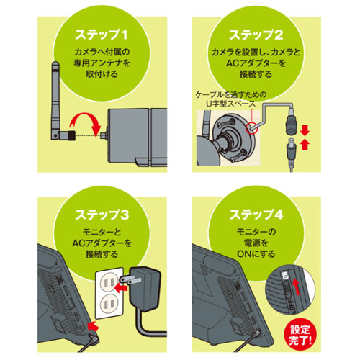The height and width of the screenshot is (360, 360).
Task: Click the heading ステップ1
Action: tap(102, 35)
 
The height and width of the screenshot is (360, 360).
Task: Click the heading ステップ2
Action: tap(256, 35)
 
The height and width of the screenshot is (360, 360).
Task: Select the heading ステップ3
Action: tap(102, 215)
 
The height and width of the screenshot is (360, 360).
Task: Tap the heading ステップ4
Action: tap(256, 215)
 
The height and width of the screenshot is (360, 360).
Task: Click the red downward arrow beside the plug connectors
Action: tap(305, 131)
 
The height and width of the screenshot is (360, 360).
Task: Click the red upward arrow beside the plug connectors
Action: tap(305, 145)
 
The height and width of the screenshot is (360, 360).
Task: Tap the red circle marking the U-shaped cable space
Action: tap(252, 127)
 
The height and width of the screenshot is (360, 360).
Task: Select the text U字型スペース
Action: tap(230, 104)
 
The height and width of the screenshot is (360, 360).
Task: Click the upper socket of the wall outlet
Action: tap(109, 282)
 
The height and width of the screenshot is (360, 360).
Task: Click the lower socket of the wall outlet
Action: tap(109, 304)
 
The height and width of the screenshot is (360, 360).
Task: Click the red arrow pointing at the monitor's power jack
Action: tap(93, 326)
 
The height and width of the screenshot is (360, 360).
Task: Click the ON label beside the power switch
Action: tap(285, 276)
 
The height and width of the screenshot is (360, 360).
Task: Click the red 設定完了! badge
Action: tap(300, 335)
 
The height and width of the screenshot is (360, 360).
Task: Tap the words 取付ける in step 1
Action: tap(102, 73)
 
